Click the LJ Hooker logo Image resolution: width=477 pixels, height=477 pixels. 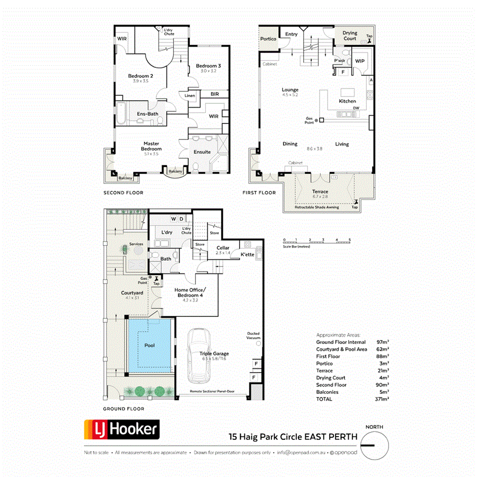point(121,429)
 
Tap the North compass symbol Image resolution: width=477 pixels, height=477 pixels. point(377,445)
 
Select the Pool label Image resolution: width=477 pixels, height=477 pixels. point(149,345)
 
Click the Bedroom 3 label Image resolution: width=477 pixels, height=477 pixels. point(208,66)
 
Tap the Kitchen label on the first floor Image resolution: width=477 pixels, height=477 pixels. point(347,101)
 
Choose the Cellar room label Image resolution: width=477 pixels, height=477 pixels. point(223,248)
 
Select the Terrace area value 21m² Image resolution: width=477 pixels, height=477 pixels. point(383,370)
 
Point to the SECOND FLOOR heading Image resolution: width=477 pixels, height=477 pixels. point(123,192)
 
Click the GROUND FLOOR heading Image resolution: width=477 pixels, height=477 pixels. point(123,409)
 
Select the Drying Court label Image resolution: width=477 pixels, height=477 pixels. point(350,36)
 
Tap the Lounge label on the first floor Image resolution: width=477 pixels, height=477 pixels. point(290,90)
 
